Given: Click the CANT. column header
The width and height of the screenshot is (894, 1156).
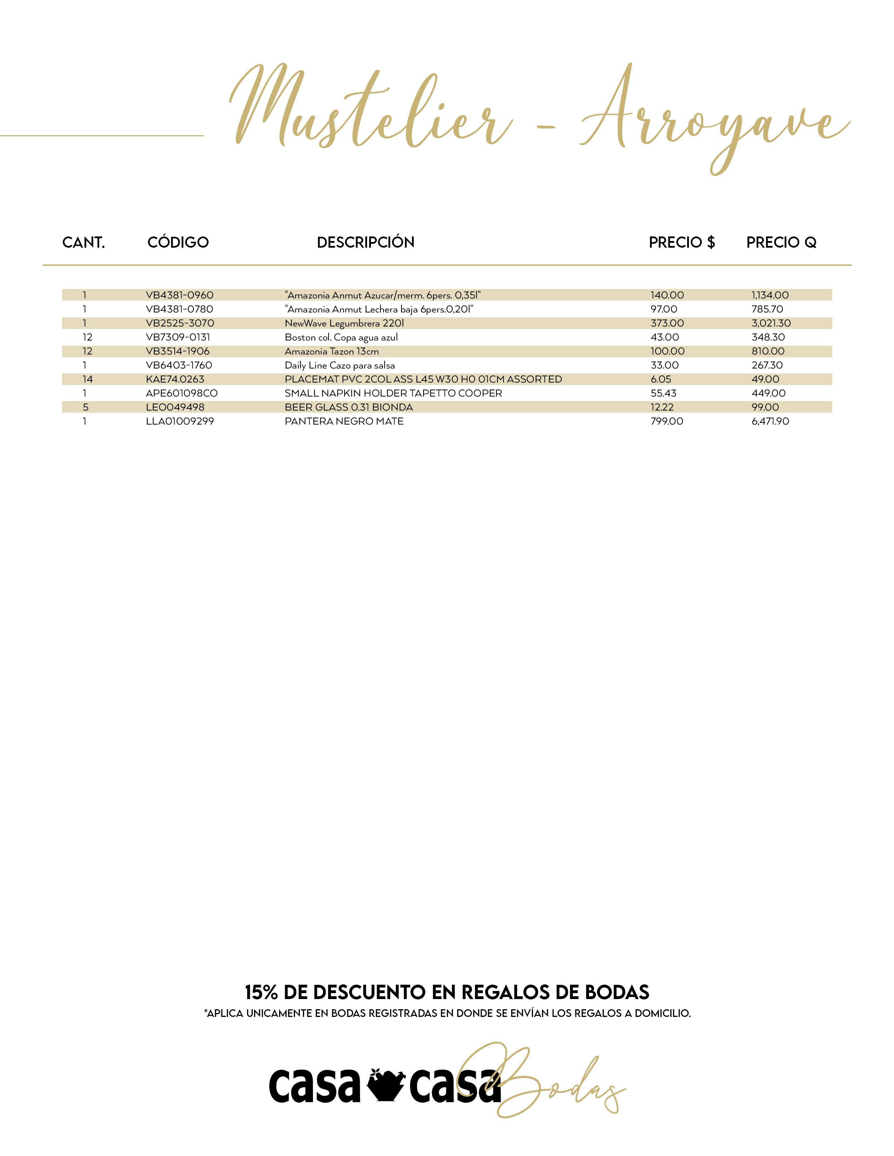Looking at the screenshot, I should pos(84,242).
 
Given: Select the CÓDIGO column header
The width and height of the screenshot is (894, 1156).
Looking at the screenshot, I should pos(178,242).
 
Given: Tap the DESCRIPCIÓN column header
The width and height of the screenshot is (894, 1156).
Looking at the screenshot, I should pos(365,242).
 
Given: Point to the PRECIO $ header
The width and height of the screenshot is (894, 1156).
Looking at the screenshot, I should pos(682,242).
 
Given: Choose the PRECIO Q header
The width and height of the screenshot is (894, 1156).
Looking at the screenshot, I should pos(781,242).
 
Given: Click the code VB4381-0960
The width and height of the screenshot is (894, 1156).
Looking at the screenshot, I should pos(180,295).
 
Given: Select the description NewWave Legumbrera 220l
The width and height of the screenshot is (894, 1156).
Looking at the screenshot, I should pos(344,323).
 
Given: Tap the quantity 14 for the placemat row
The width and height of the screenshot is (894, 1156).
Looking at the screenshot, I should pos(87,379).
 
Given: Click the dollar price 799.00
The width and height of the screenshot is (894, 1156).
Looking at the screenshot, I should pos(667,421).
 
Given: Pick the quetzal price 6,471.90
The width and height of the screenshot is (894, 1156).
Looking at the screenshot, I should pos(770,421).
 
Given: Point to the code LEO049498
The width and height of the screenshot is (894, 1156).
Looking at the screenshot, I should pos(175,407).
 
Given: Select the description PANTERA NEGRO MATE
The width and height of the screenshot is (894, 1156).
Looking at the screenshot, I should pos(344,421).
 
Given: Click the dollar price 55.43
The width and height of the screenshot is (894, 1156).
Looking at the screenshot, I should pos(664,393).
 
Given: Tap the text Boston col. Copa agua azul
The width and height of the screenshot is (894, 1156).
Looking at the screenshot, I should pos(341,337).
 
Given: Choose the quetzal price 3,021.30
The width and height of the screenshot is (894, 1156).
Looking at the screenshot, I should pos(771,323).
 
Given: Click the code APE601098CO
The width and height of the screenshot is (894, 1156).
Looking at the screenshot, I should pos(182,393).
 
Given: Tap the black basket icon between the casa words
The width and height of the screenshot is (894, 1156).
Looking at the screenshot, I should pos(385,1085).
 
